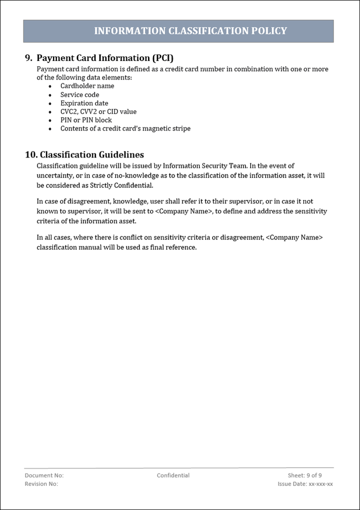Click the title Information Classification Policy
[x=190, y=31]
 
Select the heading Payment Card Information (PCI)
[x=105, y=57]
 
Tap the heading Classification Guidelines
[x=91, y=154]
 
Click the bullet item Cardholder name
[x=87, y=86]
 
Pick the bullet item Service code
[x=79, y=94]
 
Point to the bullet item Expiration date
[x=84, y=103]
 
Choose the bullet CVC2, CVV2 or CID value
[x=98, y=111]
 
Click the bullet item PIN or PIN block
[x=86, y=120]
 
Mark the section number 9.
[x=28, y=57]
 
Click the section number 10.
[x=31, y=154]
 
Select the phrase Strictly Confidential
[x=121, y=185]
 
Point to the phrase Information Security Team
[x=204, y=165]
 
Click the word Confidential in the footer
[x=173, y=475]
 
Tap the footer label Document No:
[x=44, y=475]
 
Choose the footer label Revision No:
[x=41, y=484]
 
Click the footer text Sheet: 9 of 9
[x=304, y=475]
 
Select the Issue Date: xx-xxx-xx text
[x=305, y=484]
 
